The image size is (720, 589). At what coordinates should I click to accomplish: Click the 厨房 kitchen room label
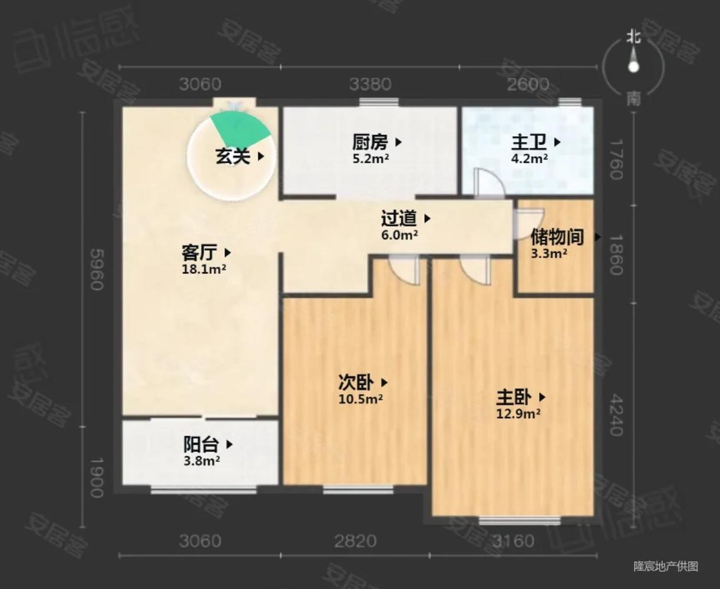(x=371, y=143)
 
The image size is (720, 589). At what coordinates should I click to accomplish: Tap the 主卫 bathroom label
(x=529, y=143)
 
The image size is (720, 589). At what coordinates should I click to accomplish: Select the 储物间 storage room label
(x=557, y=237)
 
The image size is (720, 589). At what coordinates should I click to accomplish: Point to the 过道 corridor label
(x=399, y=219)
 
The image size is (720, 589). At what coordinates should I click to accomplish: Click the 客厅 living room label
(x=199, y=253)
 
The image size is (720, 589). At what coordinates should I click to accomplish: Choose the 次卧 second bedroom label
(x=356, y=383)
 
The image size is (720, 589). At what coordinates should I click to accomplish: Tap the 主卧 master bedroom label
(x=514, y=397)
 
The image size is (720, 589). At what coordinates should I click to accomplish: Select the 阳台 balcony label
(x=201, y=445)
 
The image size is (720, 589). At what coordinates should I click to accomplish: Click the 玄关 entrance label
(x=233, y=156)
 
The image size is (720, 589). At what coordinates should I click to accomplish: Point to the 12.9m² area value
(x=518, y=414)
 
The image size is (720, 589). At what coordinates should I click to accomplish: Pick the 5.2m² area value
(x=371, y=158)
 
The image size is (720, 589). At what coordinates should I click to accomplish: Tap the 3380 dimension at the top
(x=370, y=84)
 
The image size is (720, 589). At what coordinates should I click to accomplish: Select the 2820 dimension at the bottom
(x=355, y=541)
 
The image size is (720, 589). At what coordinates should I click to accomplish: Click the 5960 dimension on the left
(x=95, y=269)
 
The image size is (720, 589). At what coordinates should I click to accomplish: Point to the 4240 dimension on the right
(x=616, y=415)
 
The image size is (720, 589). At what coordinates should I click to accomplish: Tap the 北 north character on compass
(x=633, y=38)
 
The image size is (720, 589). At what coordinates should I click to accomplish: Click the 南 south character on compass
(x=633, y=98)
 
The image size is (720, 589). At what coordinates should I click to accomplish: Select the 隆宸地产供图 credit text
(x=666, y=567)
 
